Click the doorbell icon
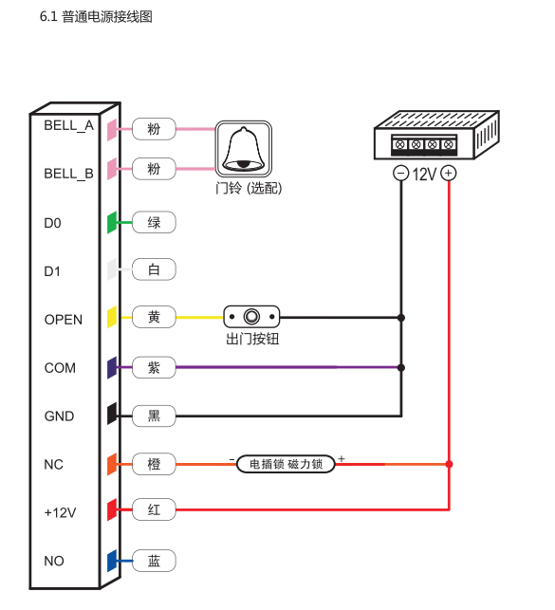(x=244, y=149)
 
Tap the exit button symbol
(x=251, y=317)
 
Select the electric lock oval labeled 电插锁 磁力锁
(x=286, y=464)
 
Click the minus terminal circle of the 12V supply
(x=401, y=173)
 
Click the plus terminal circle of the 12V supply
(x=449, y=173)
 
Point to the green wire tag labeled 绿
(x=154, y=223)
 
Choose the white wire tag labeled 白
(x=154, y=269)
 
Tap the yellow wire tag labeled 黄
(x=154, y=317)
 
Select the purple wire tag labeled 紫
(x=154, y=367)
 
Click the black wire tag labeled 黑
(x=154, y=416)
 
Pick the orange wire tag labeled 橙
(x=154, y=464)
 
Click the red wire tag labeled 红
(x=154, y=509)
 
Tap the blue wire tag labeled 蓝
(x=154, y=561)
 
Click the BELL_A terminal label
(x=69, y=126)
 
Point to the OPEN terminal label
(x=64, y=320)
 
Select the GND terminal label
(x=59, y=416)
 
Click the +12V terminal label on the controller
(x=61, y=512)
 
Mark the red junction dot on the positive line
(x=449, y=464)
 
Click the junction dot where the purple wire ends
(x=401, y=367)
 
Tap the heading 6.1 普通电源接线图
(x=96, y=17)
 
